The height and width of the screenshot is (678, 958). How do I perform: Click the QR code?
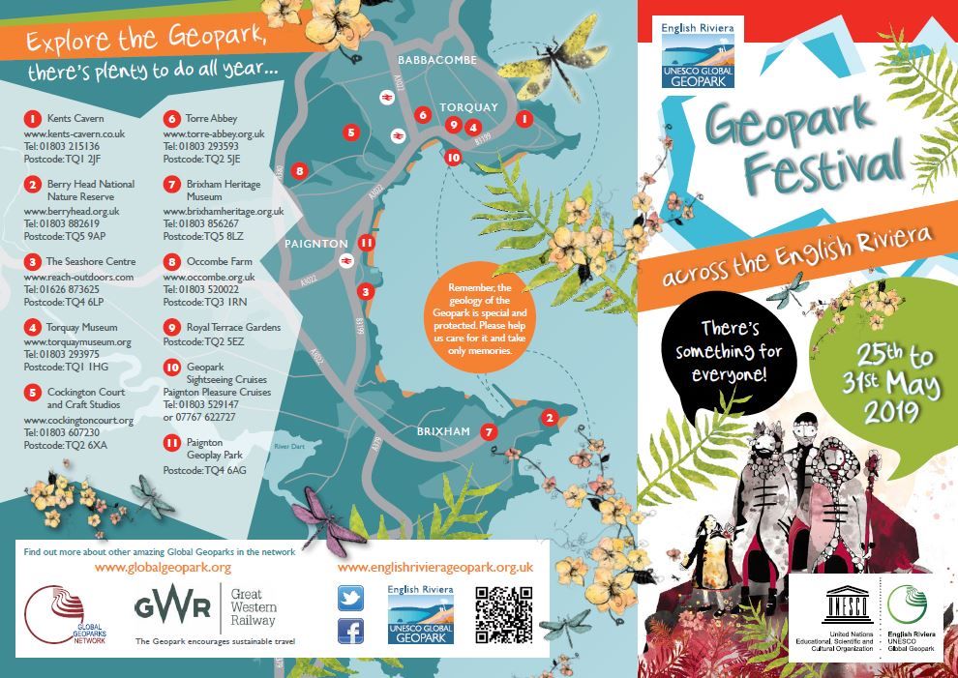503,615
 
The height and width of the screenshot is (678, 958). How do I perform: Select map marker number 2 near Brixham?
549,418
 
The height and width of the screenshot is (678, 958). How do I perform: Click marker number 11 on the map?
366,243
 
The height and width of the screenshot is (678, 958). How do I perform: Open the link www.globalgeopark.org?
163,567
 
